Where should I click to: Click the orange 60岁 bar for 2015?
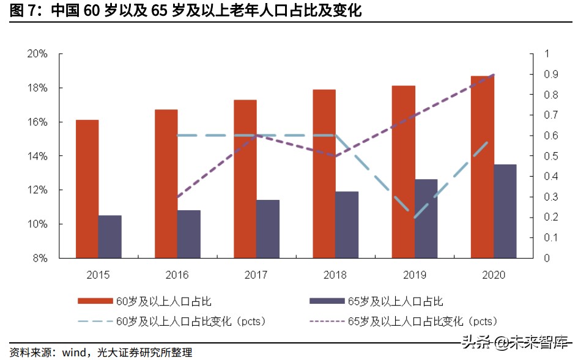click(x=87, y=189)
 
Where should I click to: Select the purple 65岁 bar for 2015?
click(x=110, y=237)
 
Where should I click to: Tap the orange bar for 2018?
click(x=324, y=174)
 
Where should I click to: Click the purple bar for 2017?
click(x=268, y=229)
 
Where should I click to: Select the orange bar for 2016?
click(x=166, y=183)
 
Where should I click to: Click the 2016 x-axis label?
click(x=177, y=275)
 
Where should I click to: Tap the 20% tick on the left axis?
click(x=37, y=54)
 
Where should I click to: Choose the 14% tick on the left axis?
click(x=37, y=156)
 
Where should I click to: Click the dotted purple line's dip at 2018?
click(x=336, y=156)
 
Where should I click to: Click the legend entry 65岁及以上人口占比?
click(x=395, y=301)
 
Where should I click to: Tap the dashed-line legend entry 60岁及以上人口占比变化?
click(x=190, y=321)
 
